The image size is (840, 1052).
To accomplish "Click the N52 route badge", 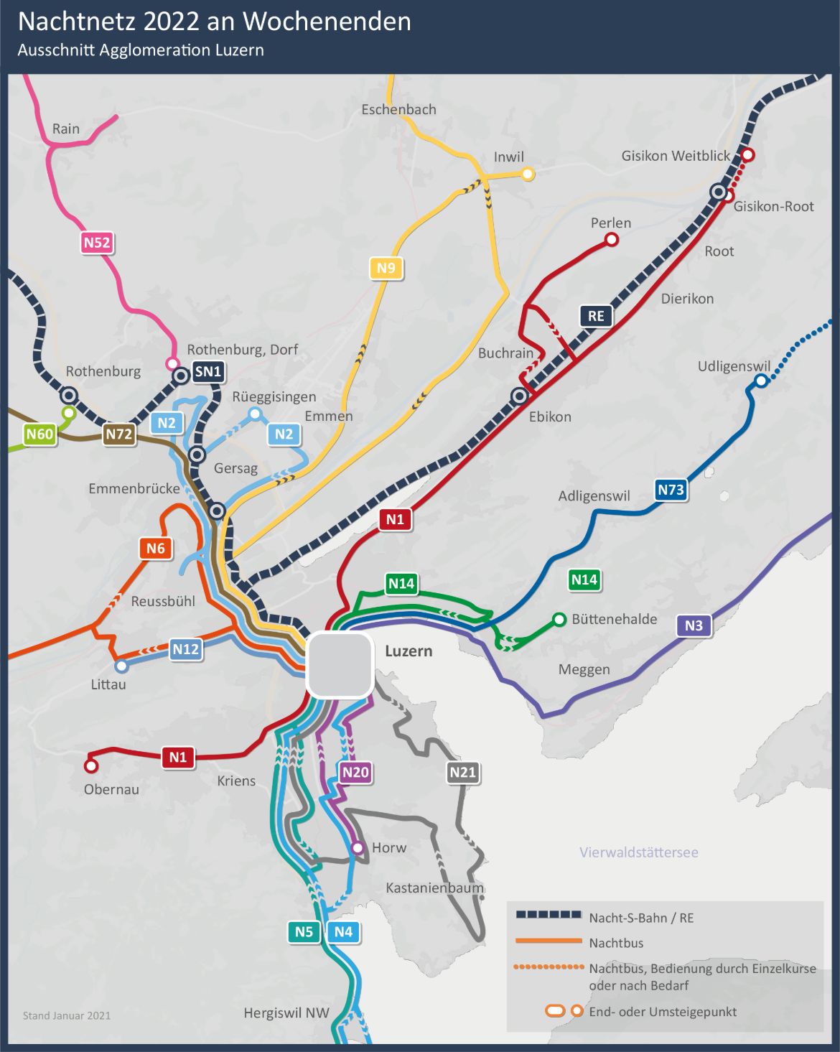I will [97, 243].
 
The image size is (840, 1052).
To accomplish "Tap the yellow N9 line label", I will [386, 269].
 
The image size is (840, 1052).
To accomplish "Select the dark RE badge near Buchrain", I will [596, 316].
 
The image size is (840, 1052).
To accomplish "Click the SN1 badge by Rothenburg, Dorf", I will [208, 371].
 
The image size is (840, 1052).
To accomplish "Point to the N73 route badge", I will [671, 490].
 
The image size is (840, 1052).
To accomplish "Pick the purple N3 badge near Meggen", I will [694, 625].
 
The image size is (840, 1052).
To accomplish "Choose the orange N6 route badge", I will [156, 549].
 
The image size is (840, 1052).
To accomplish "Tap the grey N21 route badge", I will [462, 773].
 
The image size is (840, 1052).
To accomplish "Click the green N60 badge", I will [39, 434].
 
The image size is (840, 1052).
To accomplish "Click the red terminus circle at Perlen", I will [611, 240].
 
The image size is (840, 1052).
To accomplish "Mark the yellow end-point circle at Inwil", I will [528, 174].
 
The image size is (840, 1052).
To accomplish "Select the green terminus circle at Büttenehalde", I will [559, 619].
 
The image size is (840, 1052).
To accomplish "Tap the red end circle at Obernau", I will [91, 765].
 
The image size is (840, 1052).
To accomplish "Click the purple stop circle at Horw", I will [358, 848].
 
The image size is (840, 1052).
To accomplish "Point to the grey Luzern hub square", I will [340, 665].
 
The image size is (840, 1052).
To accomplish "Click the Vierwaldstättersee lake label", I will [638, 852].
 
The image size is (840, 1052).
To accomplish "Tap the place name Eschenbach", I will [398, 110].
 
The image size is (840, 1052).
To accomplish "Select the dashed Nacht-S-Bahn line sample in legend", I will [549, 915].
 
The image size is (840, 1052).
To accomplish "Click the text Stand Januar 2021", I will [67, 1015].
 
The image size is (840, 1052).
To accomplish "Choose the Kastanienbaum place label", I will [434, 888].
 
